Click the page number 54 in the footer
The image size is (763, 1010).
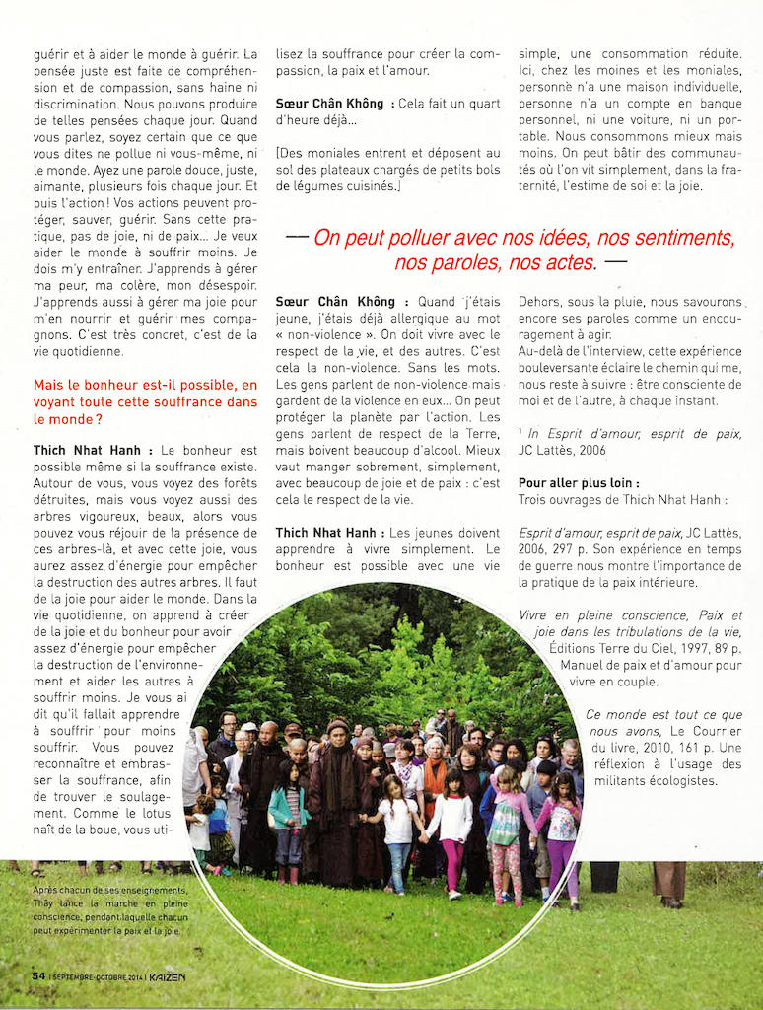coord(38,975)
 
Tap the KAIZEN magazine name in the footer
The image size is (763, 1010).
coord(168,975)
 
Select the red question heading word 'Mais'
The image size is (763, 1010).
coord(50,385)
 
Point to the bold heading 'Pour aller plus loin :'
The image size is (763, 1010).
coord(579,484)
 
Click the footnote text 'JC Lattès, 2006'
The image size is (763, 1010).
coord(562,450)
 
